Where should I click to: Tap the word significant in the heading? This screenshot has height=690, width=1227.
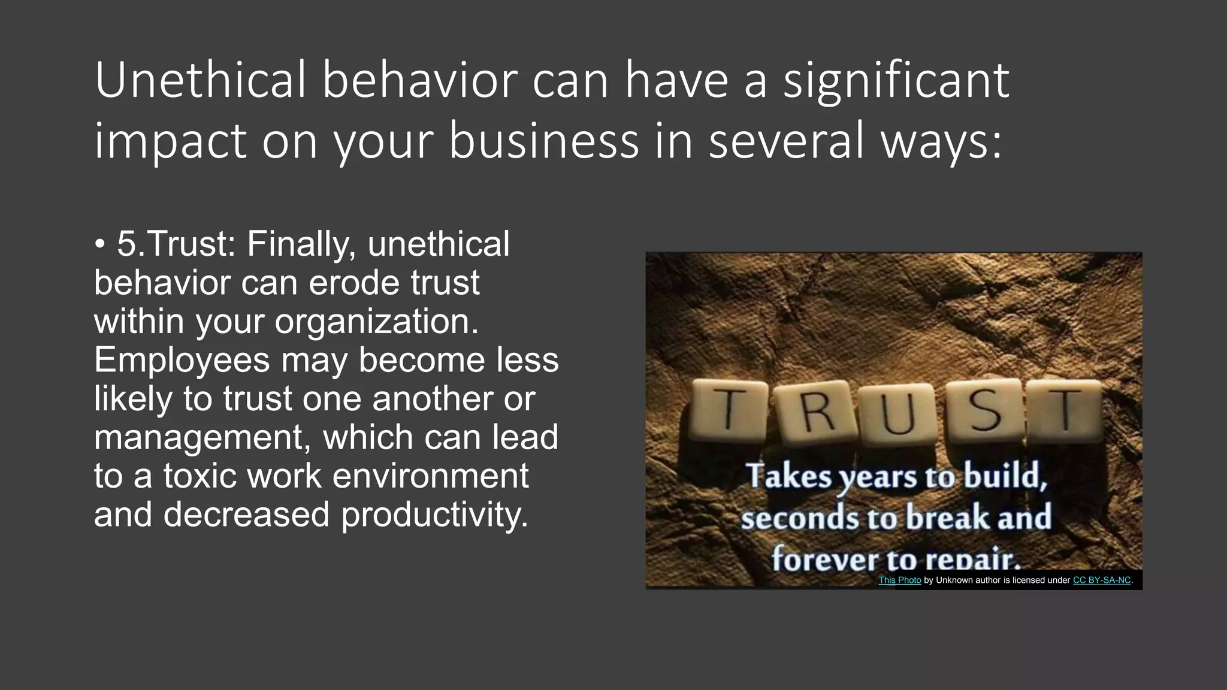[896, 81]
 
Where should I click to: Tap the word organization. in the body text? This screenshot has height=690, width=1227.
[376, 322]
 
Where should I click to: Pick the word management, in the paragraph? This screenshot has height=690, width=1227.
[202, 438]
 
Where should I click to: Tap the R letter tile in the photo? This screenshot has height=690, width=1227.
[817, 414]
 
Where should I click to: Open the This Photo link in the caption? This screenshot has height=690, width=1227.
[899, 580]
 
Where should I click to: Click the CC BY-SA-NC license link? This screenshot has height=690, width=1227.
[1101, 580]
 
